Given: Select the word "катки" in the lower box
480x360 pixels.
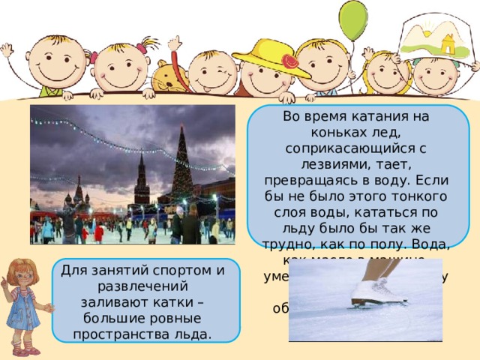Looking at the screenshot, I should [181, 303].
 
